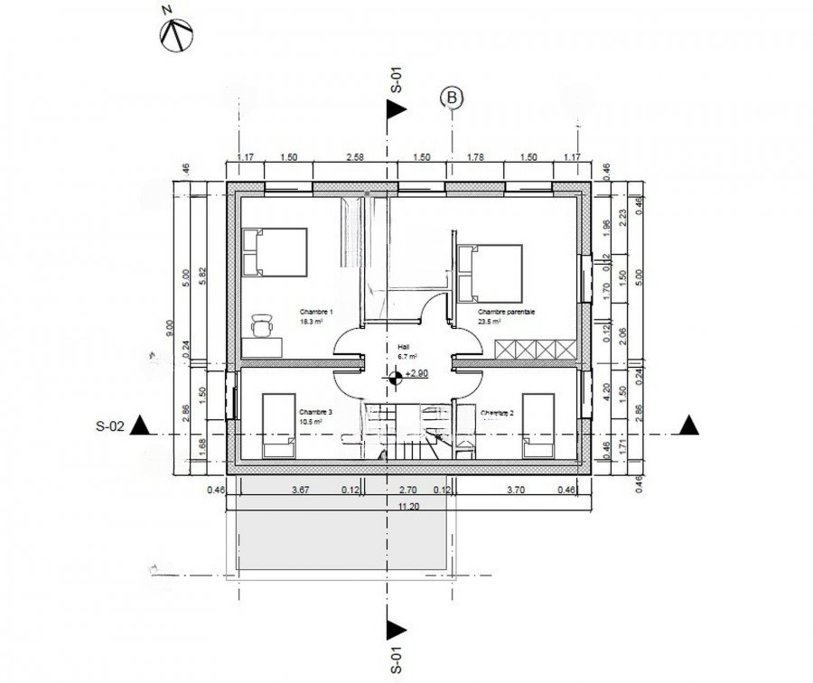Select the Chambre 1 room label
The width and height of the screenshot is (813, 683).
[x=317, y=312]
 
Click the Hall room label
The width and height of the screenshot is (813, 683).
[x=402, y=345]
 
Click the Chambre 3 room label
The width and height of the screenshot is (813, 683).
[x=317, y=412]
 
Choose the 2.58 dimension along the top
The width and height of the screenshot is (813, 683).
[x=355, y=157]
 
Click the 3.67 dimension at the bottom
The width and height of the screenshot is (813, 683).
[x=302, y=491]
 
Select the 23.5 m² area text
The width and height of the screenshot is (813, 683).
[x=491, y=320]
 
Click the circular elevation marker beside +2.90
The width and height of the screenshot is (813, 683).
[x=395, y=379]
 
